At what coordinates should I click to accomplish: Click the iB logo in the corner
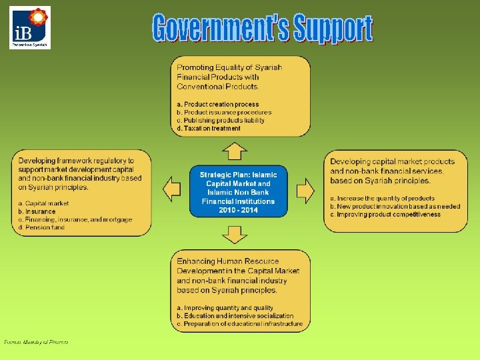click(x=30, y=28)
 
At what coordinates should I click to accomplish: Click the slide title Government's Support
click(x=261, y=28)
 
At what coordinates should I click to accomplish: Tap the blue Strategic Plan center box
click(x=238, y=192)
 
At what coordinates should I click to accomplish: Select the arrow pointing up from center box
click(x=234, y=151)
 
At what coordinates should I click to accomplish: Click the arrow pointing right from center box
click(x=305, y=191)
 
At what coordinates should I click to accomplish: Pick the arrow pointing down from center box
click(x=234, y=235)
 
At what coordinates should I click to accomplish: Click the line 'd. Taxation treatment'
click(x=209, y=129)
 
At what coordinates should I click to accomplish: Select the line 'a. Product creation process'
click(x=217, y=105)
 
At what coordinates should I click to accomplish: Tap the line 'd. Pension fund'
click(x=41, y=227)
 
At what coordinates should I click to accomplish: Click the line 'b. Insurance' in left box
click(x=37, y=211)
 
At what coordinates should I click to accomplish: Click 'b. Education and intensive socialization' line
click(x=235, y=316)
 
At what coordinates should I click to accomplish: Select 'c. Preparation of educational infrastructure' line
click(x=239, y=324)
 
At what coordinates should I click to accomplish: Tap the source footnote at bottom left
click(x=36, y=342)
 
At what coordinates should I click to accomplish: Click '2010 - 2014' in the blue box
click(x=238, y=210)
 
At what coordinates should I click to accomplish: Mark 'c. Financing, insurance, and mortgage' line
click(x=75, y=219)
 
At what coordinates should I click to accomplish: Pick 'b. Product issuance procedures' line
click(x=224, y=113)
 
